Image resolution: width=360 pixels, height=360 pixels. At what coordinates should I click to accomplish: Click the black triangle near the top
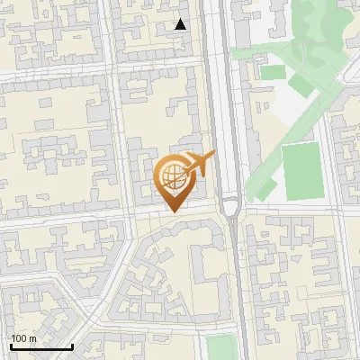click(x=181, y=24)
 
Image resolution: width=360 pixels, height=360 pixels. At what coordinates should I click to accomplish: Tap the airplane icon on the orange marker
click(x=200, y=164)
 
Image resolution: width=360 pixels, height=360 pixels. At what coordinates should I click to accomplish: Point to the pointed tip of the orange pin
click(x=172, y=211)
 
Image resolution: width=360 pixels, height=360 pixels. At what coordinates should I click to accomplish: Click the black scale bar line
click(x=40, y=346)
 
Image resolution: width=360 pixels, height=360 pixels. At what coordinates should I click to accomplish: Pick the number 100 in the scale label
click(x=19, y=338)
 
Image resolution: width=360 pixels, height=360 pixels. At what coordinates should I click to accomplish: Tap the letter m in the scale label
click(x=32, y=338)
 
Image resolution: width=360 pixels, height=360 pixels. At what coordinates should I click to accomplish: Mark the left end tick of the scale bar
click(x=10, y=345)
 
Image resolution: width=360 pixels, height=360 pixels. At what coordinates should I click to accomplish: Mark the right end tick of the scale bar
click(x=72, y=345)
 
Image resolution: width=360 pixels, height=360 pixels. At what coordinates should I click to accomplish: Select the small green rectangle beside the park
click(x=272, y=72)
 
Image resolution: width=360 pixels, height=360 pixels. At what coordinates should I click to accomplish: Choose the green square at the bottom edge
click(x=220, y=348)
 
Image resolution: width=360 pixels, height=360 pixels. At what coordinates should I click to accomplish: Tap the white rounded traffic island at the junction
click(x=230, y=208)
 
